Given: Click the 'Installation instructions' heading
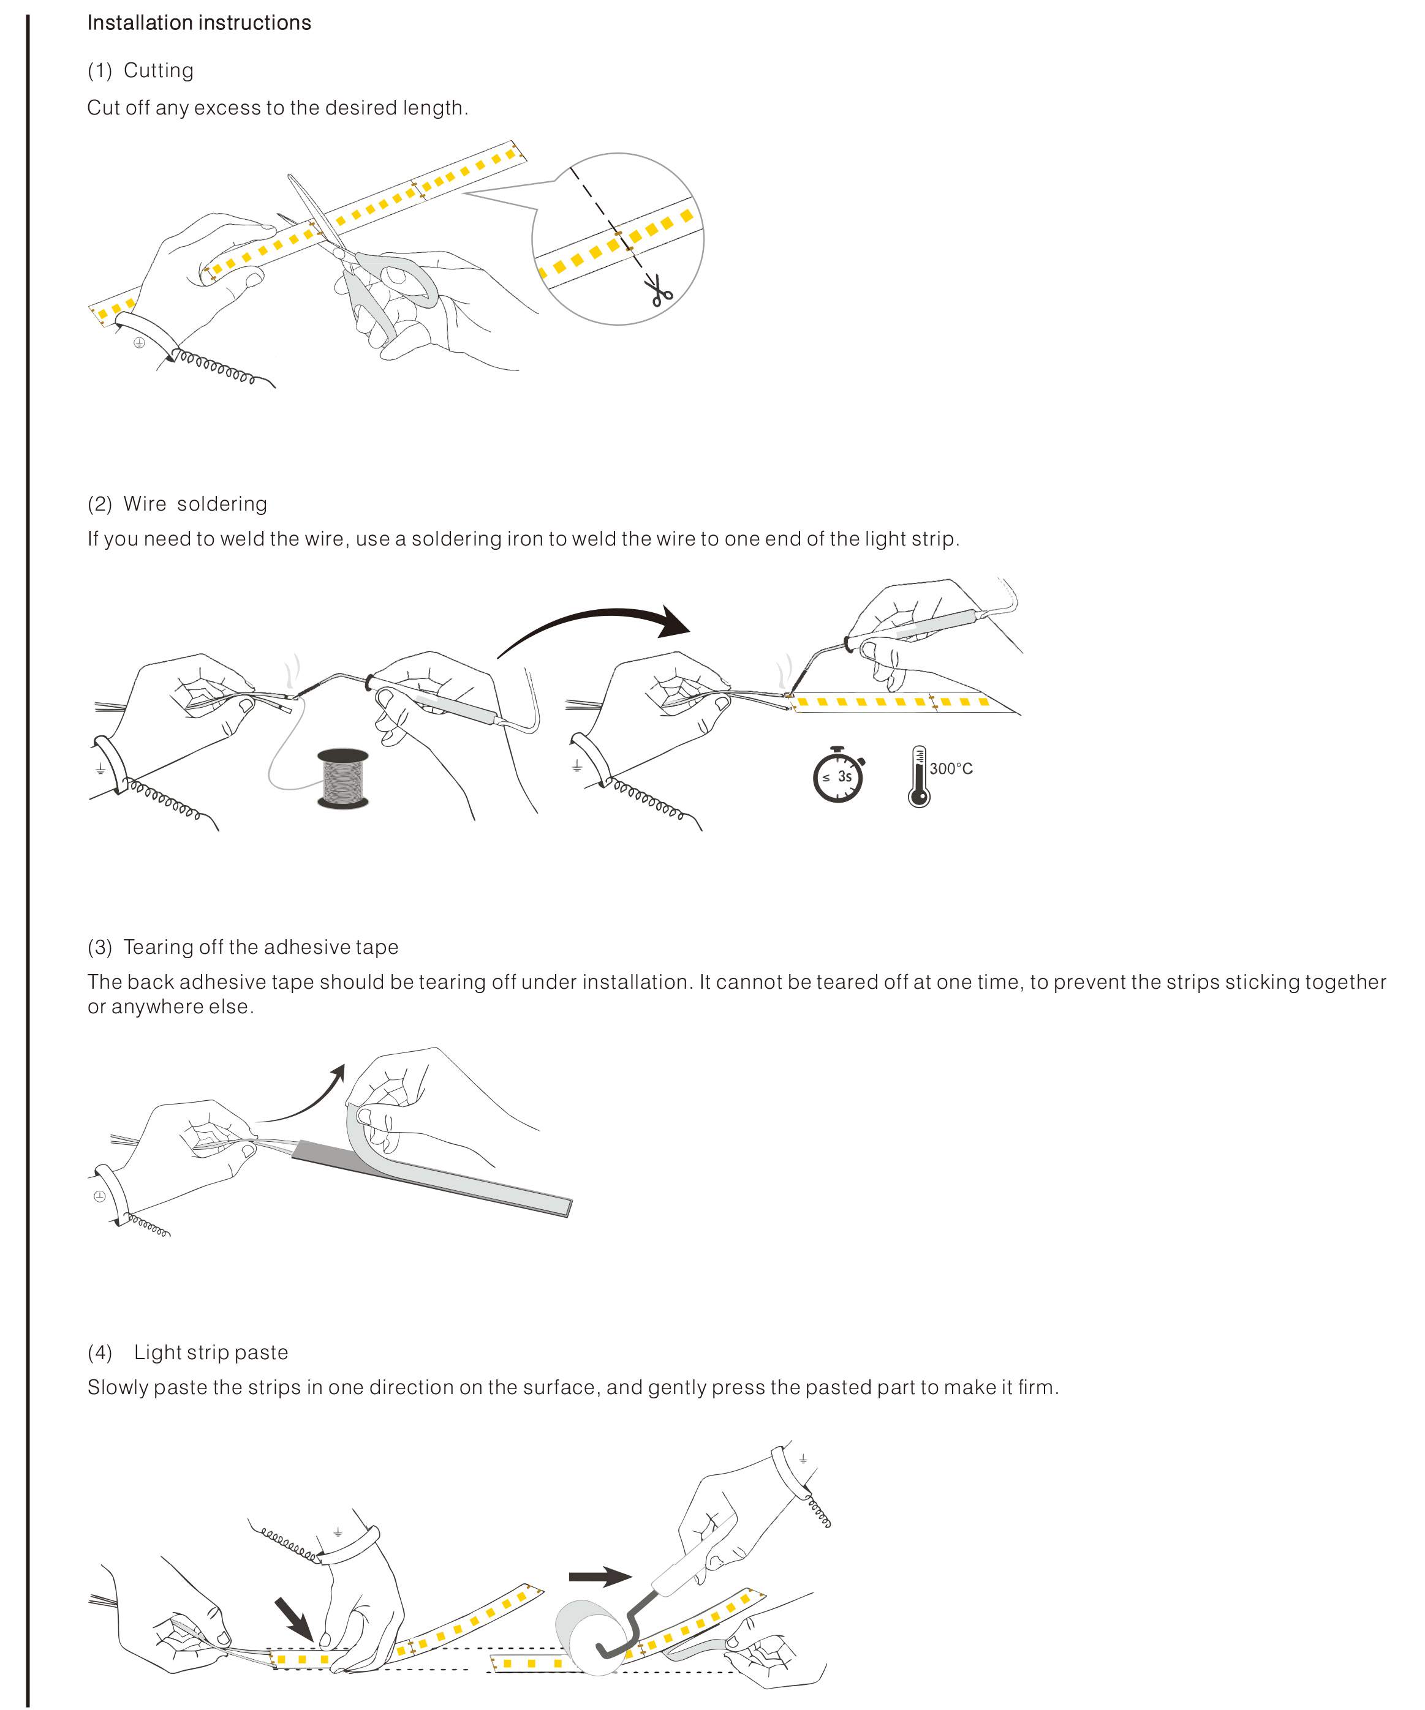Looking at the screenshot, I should pos(198,23).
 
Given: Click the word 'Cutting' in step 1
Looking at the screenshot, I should pos(158,71).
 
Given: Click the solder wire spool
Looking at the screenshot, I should pos(342,779).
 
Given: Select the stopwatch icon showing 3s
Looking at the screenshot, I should pos(837,774).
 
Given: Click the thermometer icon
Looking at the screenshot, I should pos(918,776).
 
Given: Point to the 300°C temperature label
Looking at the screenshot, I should pos(951,769).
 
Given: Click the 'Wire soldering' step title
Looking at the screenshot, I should pos(195,504).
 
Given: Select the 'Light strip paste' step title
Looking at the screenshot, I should pos(211,1352).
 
